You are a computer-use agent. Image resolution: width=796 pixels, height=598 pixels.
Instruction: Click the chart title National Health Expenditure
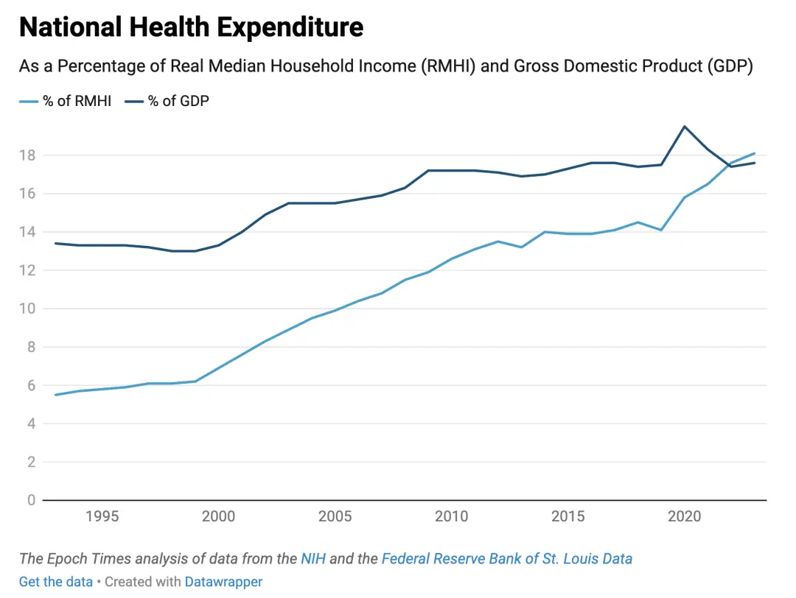[191, 27]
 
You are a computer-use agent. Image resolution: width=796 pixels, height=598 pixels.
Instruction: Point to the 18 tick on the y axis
[28, 155]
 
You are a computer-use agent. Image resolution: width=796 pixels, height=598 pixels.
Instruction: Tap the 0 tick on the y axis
[32, 500]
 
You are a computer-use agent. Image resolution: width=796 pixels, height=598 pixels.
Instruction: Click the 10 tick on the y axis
[28, 309]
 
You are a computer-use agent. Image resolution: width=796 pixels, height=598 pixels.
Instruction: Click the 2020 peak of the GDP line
[685, 127]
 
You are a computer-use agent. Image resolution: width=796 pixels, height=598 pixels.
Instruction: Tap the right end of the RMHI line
[754, 153]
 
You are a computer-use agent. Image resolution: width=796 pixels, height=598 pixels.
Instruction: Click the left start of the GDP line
[56, 243]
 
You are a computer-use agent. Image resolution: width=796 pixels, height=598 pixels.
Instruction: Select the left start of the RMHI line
[56, 395]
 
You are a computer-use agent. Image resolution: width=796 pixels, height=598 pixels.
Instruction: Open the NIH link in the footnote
[313, 558]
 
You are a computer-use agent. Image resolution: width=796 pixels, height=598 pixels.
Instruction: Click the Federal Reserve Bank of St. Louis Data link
[506, 558]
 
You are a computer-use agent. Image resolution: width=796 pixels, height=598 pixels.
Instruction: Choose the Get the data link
[56, 582]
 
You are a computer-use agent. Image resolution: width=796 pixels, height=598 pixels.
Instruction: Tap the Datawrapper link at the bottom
[223, 582]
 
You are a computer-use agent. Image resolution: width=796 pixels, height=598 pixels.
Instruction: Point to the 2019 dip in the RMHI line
[661, 230]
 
